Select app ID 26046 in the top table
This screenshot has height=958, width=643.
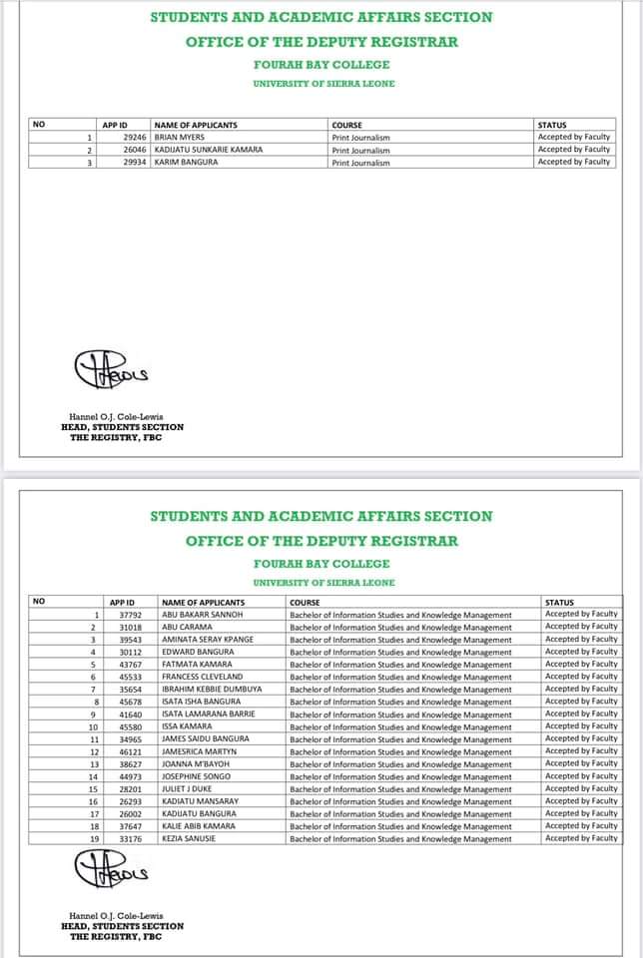coord(135,150)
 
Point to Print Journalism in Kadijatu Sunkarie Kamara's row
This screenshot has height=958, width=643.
coord(360,150)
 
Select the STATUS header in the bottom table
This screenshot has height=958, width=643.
coord(559,602)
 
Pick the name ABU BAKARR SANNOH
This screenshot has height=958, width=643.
coord(203,615)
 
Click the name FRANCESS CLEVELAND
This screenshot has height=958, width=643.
coord(202,677)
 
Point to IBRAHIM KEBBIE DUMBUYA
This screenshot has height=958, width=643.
coord(212,690)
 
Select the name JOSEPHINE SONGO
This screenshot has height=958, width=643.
coord(196,776)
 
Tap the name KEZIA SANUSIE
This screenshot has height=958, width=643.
coord(189,839)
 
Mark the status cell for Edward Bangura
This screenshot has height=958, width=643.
coord(581,652)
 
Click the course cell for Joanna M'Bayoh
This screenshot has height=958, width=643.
coord(400,764)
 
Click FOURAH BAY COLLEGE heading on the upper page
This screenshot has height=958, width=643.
coord(323,63)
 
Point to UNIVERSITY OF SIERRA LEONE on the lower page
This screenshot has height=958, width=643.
coord(323,582)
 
